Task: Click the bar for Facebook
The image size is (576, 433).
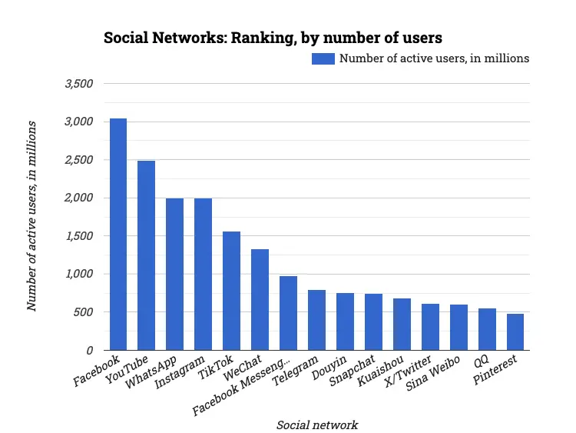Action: point(118,235)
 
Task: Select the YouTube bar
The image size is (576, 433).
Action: point(147,255)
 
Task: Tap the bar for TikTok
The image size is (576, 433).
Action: point(231,291)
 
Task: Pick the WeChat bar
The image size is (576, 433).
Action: point(260,300)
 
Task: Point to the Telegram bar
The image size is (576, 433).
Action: point(316,320)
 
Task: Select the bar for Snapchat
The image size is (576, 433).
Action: point(373,322)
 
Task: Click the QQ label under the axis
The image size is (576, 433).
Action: point(481,361)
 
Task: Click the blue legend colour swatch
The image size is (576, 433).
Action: point(323,58)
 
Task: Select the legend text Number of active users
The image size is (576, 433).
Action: point(434,58)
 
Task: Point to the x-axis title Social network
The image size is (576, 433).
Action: point(316,425)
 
